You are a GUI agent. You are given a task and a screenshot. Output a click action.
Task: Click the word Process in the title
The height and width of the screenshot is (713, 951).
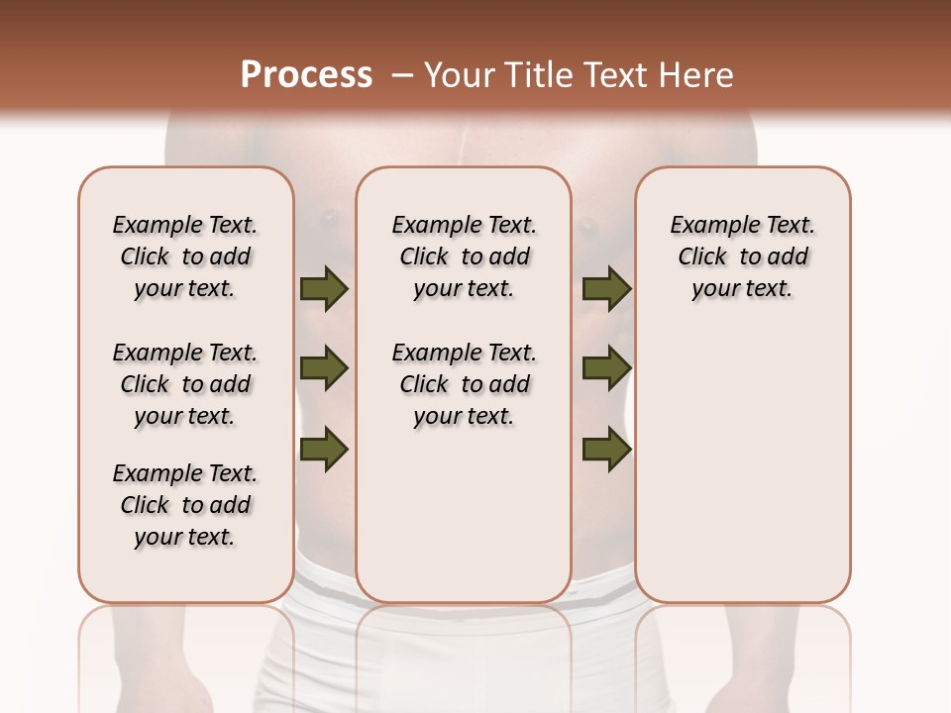click(x=306, y=75)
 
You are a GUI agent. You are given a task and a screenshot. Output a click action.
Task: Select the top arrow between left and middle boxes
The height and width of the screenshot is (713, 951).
click(x=324, y=289)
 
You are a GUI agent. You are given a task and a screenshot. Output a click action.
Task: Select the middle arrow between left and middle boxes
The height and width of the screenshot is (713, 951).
click(x=324, y=369)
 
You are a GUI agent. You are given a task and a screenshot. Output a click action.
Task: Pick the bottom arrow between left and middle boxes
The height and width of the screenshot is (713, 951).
click(x=324, y=450)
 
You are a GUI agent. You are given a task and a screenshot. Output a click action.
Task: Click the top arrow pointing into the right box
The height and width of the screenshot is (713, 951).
click(x=606, y=289)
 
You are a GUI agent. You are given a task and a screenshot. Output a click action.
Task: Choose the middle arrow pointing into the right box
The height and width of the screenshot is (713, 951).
click(x=606, y=369)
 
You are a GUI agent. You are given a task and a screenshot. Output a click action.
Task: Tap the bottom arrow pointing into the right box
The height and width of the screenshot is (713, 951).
click(x=606, y=450)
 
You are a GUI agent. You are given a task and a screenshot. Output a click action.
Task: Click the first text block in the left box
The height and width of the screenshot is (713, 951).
click(x=185, y=256)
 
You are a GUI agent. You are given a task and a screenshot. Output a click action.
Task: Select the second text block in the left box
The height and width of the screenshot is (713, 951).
click(x=185, y=384)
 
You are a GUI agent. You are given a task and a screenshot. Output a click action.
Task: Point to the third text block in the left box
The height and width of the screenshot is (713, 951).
click(x=185, y=505)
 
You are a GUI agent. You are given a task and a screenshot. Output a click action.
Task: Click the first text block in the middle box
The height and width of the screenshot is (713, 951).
click(x=464, y=256)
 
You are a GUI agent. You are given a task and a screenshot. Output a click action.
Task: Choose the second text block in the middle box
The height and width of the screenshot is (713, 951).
click(x=464, y=384)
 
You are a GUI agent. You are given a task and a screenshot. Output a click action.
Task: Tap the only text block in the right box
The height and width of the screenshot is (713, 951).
click(x=742, y=256)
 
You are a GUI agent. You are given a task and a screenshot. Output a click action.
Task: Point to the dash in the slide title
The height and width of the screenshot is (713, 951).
click(x=402, y=75)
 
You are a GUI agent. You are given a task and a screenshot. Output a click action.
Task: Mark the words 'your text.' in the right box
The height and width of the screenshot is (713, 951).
click(x=742, y=289)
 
